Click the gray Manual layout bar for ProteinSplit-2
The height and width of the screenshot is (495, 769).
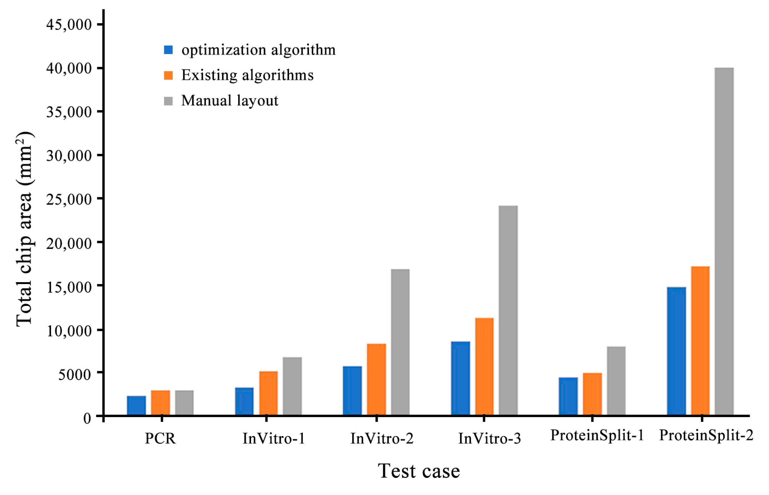tap(724, 241)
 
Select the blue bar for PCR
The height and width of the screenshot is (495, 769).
tap(136, 405)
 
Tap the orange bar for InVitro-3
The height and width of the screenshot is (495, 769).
tap(484, 366)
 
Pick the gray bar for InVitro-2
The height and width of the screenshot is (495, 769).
tap(400, 342)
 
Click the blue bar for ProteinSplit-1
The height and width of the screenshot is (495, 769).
tap(568, 396)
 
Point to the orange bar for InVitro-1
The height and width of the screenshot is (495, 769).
tap(268, 393)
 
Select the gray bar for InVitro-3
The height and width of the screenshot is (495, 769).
tap(508, 310)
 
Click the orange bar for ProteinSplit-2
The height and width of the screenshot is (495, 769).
tap(700, 341)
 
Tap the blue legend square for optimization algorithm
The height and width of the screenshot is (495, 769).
tap(168, 50)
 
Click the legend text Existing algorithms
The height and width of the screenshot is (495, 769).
tap(247, 75)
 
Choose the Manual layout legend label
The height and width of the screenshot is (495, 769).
tap(230, 101)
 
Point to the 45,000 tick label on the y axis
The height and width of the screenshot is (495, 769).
tap(69, 24)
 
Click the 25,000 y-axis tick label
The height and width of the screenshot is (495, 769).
tap(69, 199)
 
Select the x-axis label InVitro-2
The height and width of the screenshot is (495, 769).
tap(381, 438)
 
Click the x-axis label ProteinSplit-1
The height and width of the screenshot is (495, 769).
tap(597, 435)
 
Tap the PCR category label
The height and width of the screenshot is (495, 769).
tap(160, 438)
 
